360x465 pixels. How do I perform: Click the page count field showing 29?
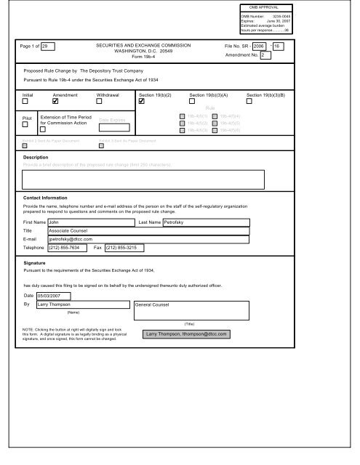point(49,46)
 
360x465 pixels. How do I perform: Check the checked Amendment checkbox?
point(65,101)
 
